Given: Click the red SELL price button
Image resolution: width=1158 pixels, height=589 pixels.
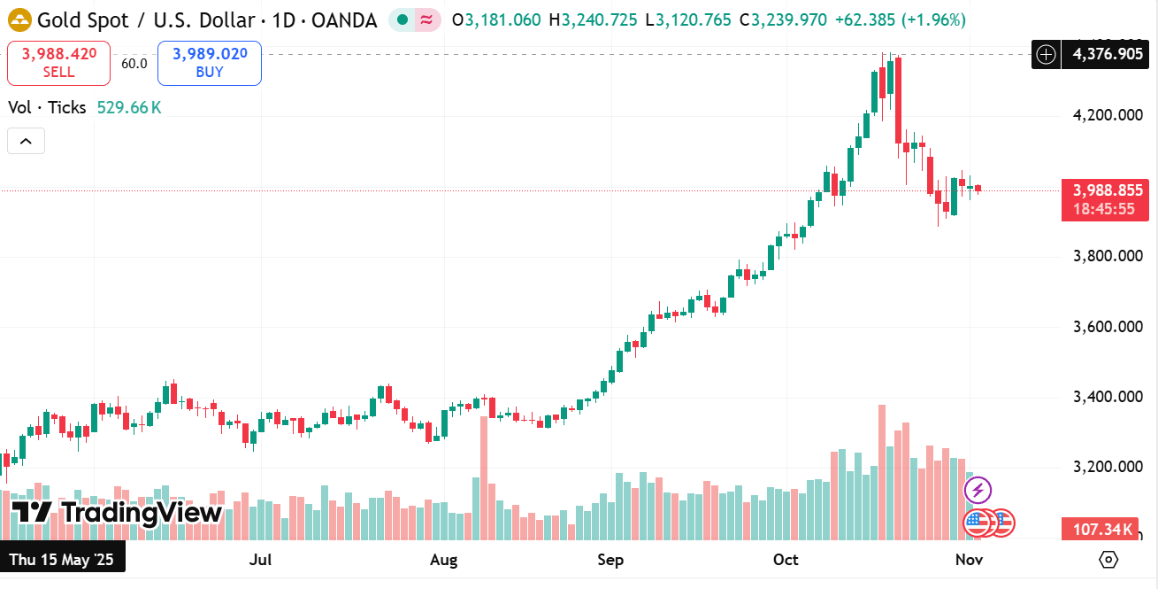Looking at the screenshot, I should tap(58, 63).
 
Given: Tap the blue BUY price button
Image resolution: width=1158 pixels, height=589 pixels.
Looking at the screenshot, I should tap(210, 63).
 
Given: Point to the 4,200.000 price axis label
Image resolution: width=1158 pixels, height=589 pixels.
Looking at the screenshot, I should tap(1107, 115).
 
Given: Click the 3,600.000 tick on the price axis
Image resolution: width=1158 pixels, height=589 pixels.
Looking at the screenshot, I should tap(1107, 327).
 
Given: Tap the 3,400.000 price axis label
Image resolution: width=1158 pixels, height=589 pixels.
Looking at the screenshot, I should tap(1107, 397).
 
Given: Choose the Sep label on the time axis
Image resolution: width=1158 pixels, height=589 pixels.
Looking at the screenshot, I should tap(610, 560).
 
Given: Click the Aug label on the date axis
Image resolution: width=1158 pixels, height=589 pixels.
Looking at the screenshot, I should tap(443, 560).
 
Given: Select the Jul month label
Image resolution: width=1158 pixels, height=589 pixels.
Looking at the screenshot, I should tap(260, 560).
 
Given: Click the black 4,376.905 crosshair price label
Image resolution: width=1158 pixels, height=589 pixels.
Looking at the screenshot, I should tap(1107, 55).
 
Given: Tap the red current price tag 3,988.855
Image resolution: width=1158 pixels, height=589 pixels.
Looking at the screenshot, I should tap(1107, 190).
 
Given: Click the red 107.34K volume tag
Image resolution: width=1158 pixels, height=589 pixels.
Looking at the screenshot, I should tap(1102, 530).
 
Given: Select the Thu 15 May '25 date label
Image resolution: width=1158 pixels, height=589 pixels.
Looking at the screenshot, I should tap(62, 560).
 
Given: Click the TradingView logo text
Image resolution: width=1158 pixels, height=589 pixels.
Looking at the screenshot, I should tap(117, 513).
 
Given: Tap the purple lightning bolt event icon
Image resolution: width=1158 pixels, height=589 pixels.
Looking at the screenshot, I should tap(978, 490).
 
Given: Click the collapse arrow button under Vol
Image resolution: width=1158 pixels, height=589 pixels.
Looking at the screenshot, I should tap(26, 141).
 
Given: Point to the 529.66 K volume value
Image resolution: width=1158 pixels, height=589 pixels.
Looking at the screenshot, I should tap(129, 108).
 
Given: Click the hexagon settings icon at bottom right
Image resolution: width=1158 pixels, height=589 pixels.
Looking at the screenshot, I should tap(1108, 560).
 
